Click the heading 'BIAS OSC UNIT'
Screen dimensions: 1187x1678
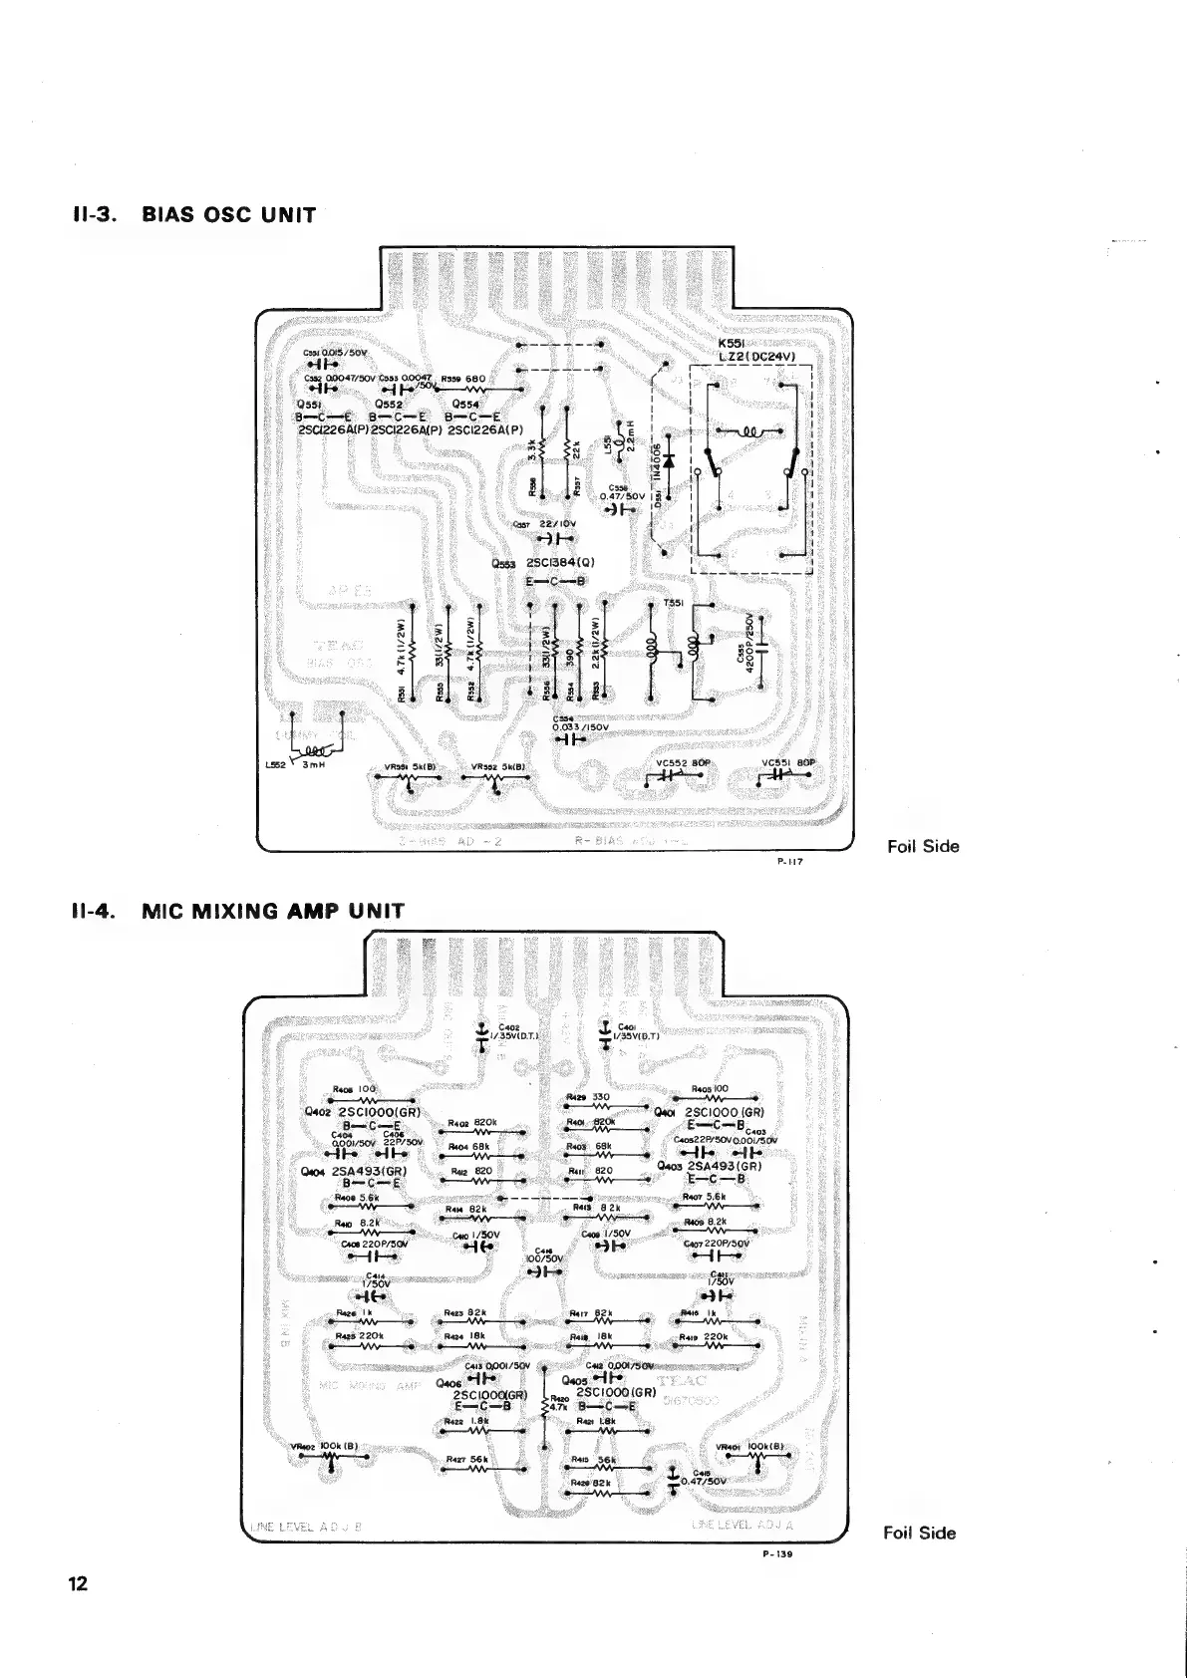click(x=228, y=215)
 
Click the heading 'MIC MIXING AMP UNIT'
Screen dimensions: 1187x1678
click(x=273, y=910)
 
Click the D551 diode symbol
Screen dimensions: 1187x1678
click(x=668, y=460)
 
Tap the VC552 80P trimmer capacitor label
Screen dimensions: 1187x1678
click(x=682, y=763)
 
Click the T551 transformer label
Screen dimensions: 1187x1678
click(x=674, y=604)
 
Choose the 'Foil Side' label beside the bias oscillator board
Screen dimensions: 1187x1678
click(x=923, y=847)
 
